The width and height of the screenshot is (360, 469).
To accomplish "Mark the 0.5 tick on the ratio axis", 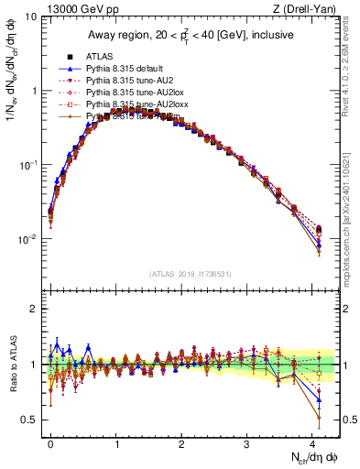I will [x=29, y=420].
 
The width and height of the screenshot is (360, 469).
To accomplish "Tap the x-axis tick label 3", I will [x=246, y=442].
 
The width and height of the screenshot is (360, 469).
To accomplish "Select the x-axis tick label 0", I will [x=50, y=442].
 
